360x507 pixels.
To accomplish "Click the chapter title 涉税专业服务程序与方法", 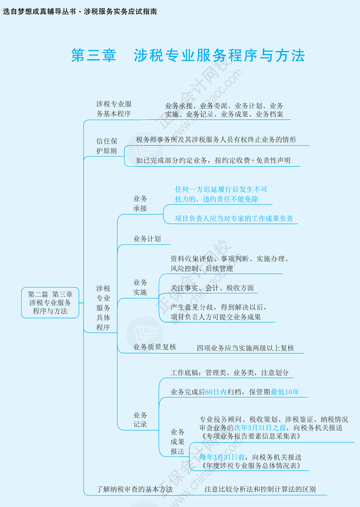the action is pos(219,55).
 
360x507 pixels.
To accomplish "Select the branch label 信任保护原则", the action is pos(107,146).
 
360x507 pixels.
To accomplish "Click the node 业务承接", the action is pos(140,203).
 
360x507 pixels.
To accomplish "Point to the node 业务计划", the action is pos(147,239).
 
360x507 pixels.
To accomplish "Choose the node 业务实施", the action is pos(140,287).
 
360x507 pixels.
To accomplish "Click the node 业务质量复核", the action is pos(154,347).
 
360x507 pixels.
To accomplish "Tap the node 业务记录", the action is pos(140,419).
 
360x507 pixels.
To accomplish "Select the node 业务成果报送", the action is pos(177,441).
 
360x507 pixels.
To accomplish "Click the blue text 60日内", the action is pos(216,392).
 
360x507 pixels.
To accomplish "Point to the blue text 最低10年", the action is pos(285,392).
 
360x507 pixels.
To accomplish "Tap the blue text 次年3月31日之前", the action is pos(260,428).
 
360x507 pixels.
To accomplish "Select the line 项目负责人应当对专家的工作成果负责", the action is pos(234,219).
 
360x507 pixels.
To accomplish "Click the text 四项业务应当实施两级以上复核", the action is pos(245,348).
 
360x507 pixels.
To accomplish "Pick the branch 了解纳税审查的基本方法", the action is pos(135,489).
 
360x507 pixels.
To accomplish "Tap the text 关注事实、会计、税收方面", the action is pos(212,288).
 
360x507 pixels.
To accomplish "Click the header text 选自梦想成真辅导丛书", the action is pos(39,12).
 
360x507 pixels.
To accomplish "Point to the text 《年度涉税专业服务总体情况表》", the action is pos(251,466).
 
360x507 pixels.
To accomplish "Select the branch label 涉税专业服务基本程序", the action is pos(114,109).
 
